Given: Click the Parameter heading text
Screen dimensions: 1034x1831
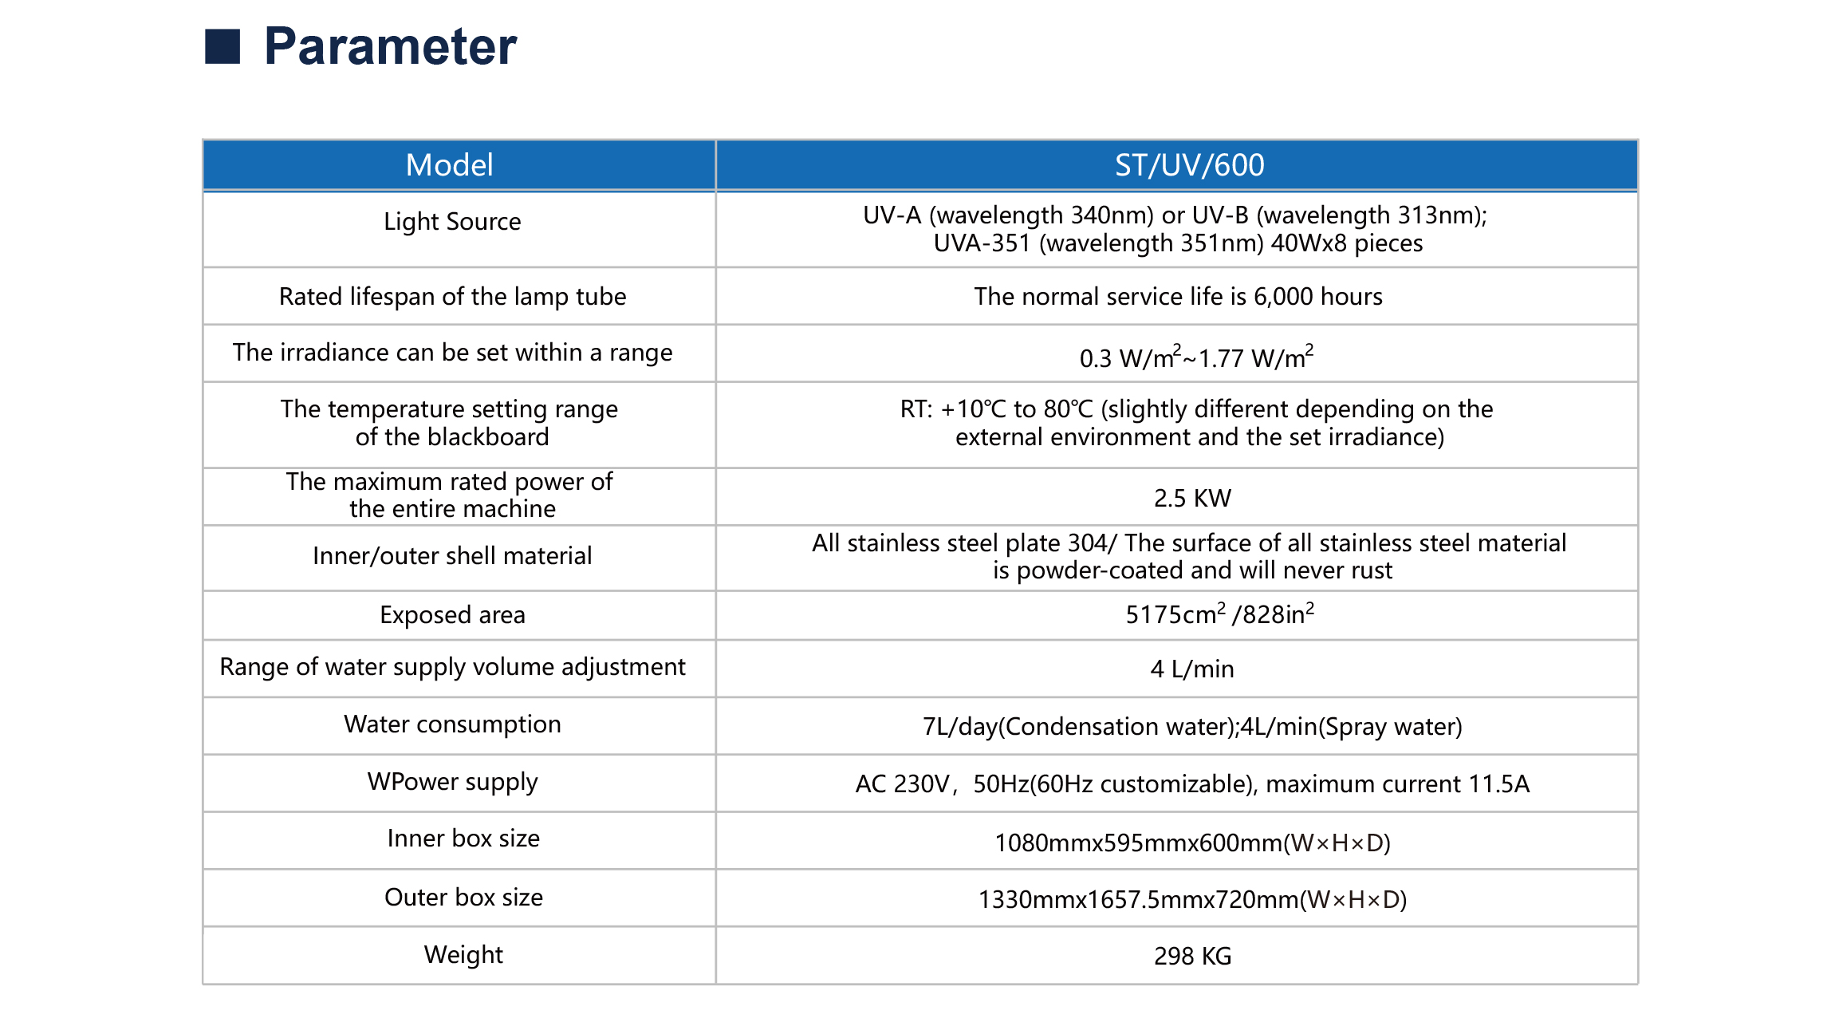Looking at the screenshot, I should point(390,46).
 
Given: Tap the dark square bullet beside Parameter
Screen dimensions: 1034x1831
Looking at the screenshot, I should point(222,46).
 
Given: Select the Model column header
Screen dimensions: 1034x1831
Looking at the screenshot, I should point(450,165).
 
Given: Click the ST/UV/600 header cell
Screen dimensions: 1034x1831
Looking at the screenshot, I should point(1189,165).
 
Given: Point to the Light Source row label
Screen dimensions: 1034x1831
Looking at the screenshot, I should point(452,222).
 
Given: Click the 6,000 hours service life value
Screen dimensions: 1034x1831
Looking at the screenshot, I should point(1178,297).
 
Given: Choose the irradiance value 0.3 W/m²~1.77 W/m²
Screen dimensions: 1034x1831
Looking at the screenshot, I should point(1196,357).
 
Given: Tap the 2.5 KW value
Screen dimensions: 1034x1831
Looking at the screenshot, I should point(1192,498).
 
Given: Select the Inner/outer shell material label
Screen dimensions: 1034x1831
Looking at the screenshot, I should point(452,556).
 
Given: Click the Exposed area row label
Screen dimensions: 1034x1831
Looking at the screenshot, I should point(452,615).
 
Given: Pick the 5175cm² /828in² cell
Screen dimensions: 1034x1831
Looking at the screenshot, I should point(1219,614).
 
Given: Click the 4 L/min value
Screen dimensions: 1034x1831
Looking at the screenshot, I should point(1192,669).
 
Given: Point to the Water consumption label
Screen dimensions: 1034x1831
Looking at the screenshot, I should point(452,724).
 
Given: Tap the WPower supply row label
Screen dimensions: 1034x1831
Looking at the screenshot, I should point(452,782).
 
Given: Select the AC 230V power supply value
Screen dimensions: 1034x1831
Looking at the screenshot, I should point(1192,784).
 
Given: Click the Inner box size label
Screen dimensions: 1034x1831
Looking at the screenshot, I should point(463,839).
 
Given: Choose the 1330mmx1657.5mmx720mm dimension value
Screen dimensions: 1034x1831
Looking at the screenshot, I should point(1192,900).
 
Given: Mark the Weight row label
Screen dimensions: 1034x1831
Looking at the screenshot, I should point(463,955).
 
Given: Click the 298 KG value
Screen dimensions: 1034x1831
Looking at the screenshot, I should point(1192,956).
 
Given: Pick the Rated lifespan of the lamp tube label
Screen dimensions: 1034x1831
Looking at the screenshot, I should point(452,297).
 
